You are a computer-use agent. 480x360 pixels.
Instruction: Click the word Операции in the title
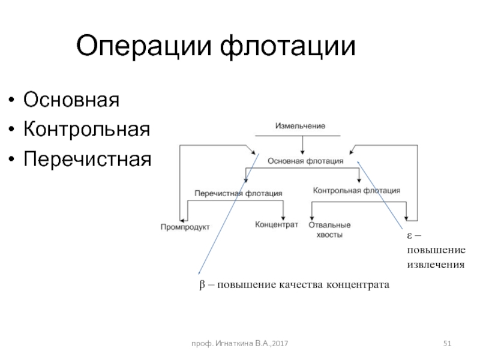144,47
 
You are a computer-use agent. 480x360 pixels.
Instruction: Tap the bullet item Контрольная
86,129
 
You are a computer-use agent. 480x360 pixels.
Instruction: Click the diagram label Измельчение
300,126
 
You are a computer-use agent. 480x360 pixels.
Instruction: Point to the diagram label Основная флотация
305,161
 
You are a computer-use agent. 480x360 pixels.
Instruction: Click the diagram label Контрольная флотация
357,191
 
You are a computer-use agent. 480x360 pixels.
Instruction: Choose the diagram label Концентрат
277,224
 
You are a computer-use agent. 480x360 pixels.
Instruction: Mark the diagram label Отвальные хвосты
329,230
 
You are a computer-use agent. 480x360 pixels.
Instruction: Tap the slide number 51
447,343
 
